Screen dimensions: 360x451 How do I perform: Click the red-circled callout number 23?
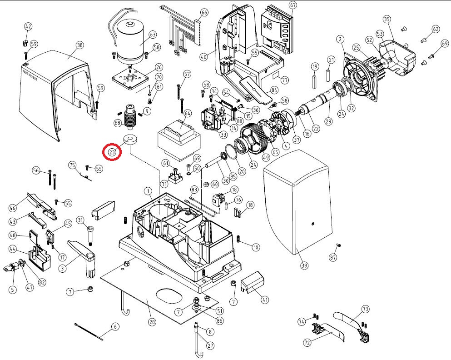pyautogui.click(x=112, y=152)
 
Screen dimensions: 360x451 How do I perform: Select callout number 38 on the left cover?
pyautogui.click(x=80, y=45)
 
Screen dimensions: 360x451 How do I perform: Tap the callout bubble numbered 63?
pyautogui.click(x=152, y=35)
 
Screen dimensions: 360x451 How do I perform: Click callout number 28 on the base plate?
pyautogui.click(x=152, y=322)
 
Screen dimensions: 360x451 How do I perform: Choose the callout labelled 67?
pyautogui.click(x=292, y=5)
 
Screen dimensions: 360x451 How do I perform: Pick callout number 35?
pyautogui.click(x=387, y=19)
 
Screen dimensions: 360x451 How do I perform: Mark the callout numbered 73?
pyautogui.click(x=365, y=309)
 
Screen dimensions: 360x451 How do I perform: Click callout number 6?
pyautogui.click(x=115, y=326)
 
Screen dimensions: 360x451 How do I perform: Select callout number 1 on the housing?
pyautogui.click(x=148, y=190)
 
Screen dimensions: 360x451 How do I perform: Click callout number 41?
pyautogui.click(x=264, y=300)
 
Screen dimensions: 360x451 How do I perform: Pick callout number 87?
pyautogui.click(x=334, y=258)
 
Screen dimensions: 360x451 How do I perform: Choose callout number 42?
pyautogui.click(x=28, y=27)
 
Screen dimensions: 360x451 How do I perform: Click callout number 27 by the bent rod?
pyautogui.click(x=210, y=345)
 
